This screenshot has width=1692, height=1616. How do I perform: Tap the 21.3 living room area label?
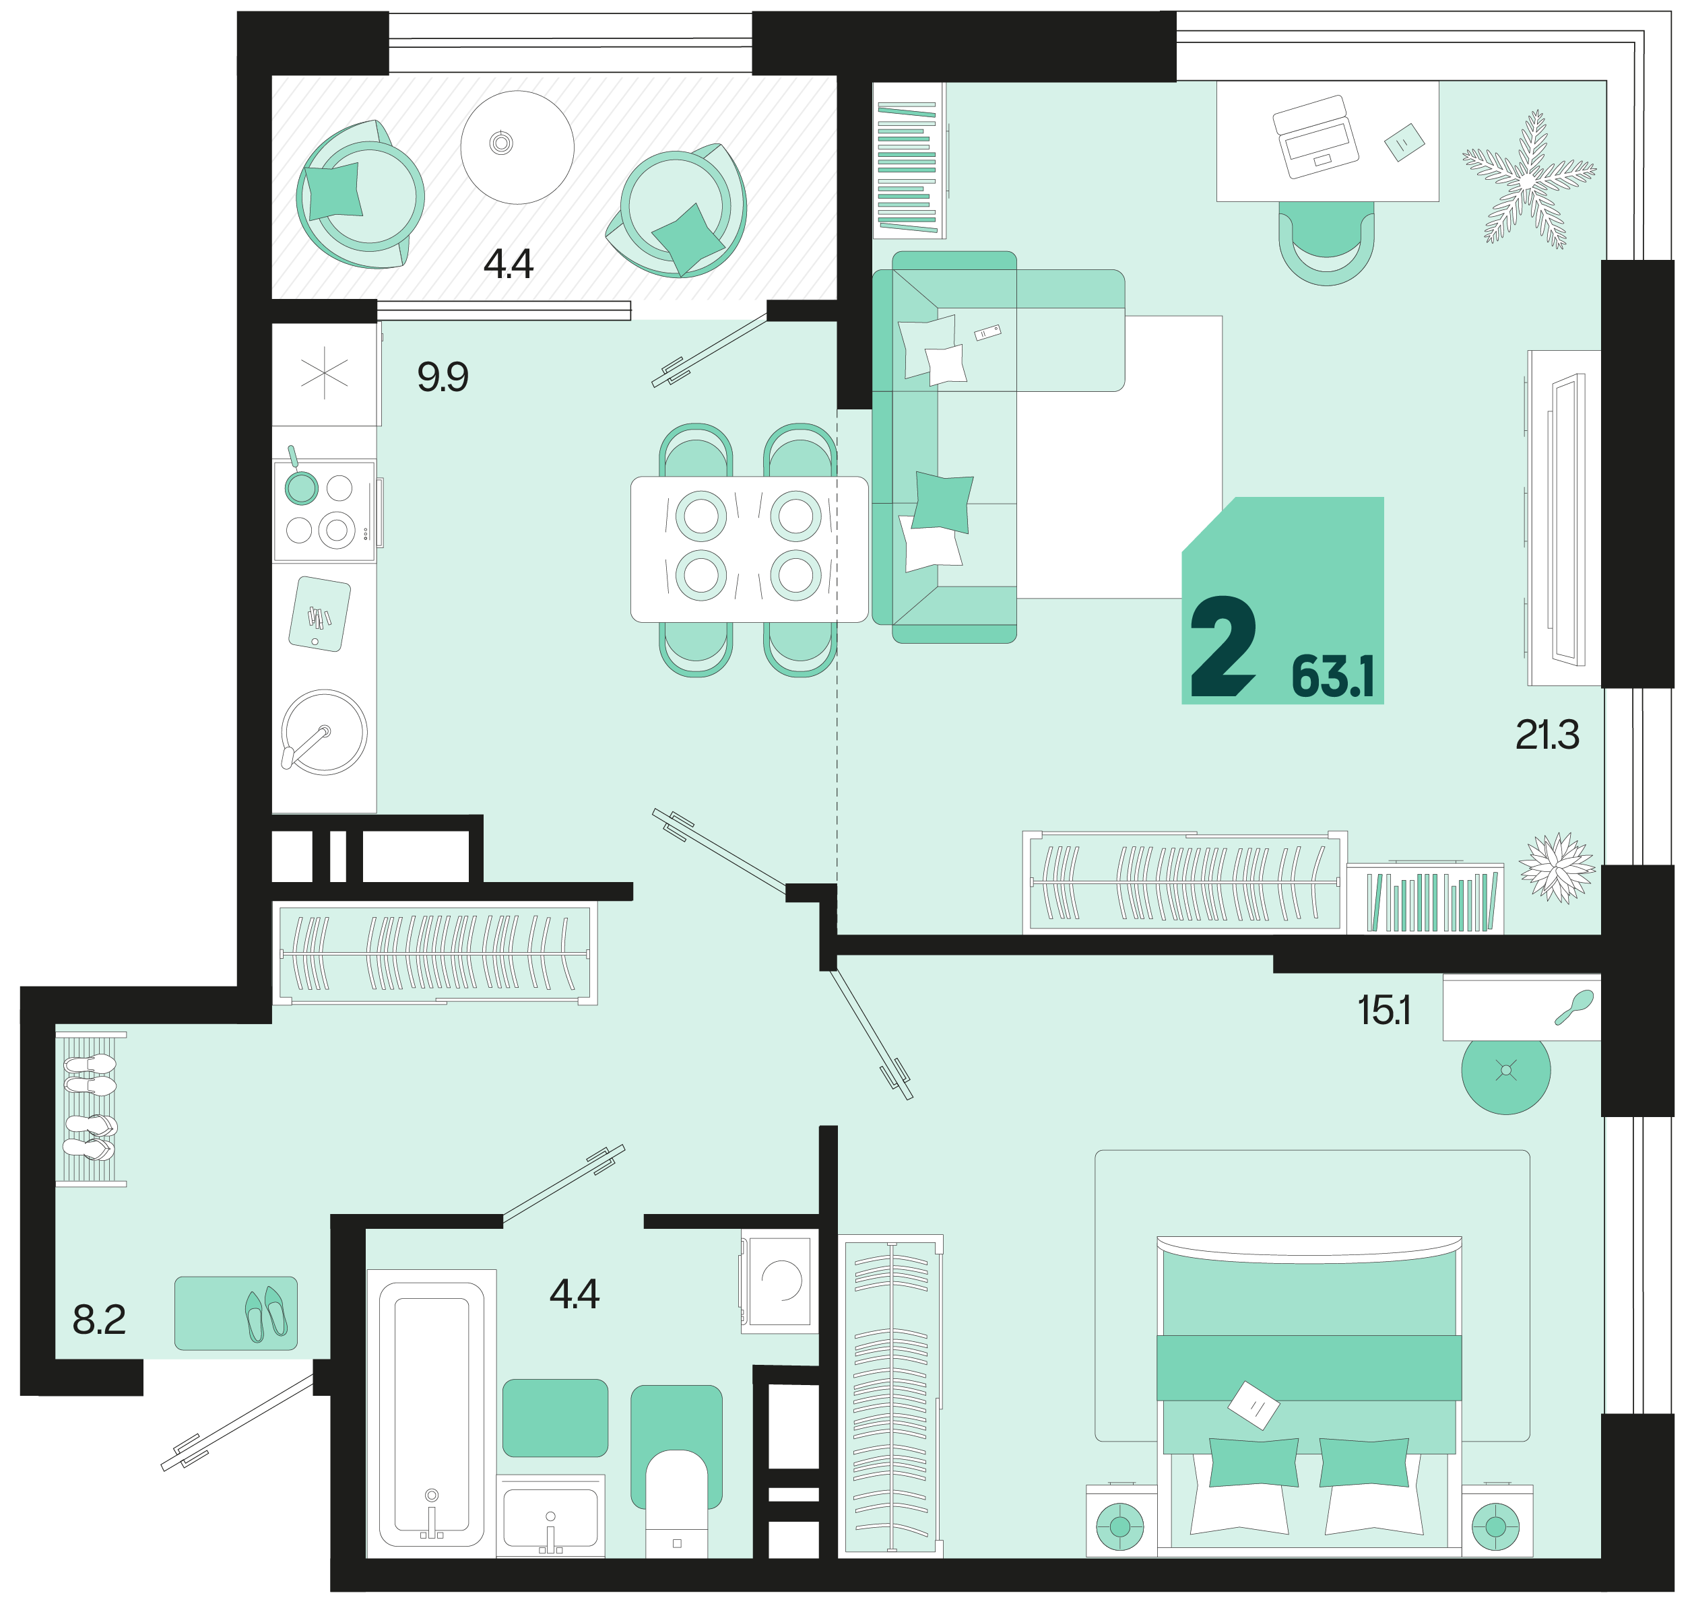pos(1547,735)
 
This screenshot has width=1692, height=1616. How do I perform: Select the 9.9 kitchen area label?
pos(443,376)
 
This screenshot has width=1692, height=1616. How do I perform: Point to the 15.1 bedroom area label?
pos(1384,1011)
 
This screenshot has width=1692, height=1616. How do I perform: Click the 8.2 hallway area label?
pos(99,1320)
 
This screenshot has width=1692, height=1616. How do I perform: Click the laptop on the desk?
pos(1315,136)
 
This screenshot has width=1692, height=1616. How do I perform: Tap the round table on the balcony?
pos(517,147)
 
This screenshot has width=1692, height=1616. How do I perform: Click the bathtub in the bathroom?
pos(432,1413)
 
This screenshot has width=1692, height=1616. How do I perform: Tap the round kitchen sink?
pos(324,732)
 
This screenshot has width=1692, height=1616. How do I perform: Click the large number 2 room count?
pos(1223,646)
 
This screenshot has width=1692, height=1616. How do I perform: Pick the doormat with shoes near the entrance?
pos(236,1314)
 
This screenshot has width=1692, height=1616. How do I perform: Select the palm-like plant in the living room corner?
pos(1528,180)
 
